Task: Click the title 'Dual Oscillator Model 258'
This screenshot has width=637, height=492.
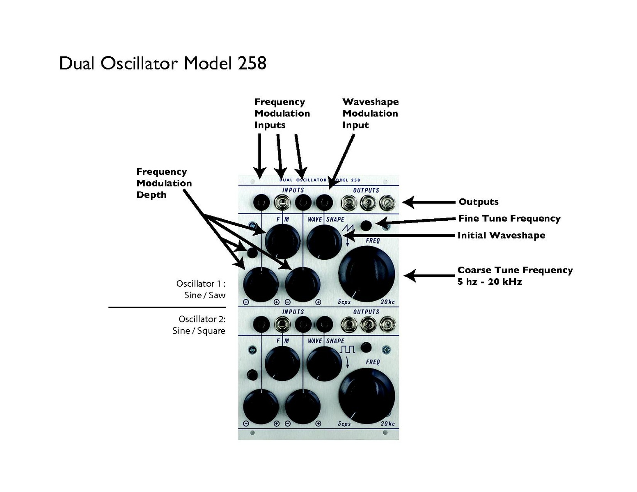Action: click(x=163, y=63)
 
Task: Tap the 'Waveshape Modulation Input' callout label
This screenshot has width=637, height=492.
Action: click(x=370, y=113)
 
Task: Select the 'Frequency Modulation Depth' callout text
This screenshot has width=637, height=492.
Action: click(x=164, y=183)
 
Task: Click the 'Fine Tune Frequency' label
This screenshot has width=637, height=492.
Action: click(x=509, y=218)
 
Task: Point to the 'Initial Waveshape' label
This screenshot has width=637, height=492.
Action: click(x=501, y=235)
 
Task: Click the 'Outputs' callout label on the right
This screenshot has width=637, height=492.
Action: click(x=478, y=202)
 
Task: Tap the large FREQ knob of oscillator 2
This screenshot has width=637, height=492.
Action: click(x=367, y=396)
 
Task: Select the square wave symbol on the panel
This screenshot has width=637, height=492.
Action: click(x=347, y=350)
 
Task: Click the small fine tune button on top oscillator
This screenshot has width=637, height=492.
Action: click(x=366, y=225)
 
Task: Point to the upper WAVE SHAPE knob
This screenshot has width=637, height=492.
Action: click(x=324, y=242)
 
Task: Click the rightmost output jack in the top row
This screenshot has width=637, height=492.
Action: click(x=387, y=202)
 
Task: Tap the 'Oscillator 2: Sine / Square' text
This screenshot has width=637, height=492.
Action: click(x=199, y=325)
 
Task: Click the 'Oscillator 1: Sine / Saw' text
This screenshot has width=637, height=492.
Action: click(x=201, y=289)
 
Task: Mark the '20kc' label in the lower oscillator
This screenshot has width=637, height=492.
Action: click(x=387, y=423)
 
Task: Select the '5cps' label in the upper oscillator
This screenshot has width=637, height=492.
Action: click(x=344, y=302)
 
